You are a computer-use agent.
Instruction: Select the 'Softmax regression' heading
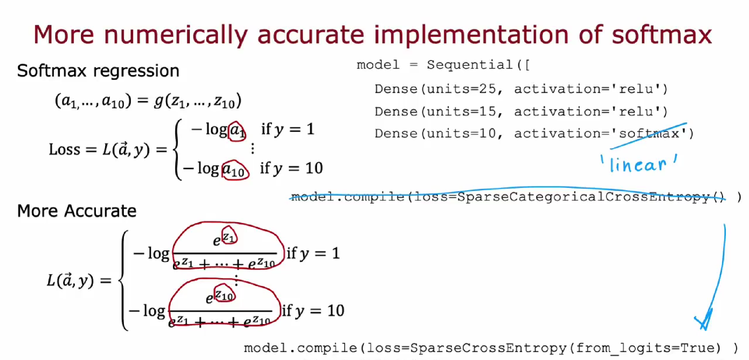[x=98, y=71]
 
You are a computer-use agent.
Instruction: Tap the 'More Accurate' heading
[x=77, y=211]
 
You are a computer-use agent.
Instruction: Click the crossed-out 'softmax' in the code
[x=649, y=133]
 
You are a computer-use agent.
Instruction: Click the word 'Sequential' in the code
[x=469, y=65]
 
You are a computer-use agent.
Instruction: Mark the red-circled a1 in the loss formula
[x=237, y=131]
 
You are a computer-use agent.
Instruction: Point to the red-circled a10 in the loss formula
[x=235, y=170]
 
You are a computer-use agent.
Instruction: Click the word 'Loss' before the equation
[x=64, y=149]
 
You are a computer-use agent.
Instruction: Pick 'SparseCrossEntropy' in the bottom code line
[x=488, y=348]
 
